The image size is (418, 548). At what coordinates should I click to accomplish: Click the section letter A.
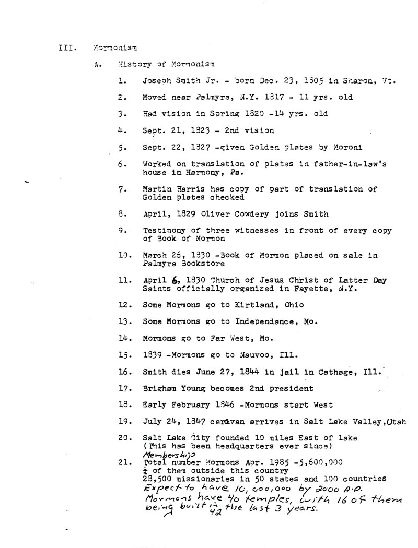point(97,65)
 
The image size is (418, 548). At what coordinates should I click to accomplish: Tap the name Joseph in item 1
point(156,81)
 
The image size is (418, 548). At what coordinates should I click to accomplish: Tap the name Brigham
point(158,388)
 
